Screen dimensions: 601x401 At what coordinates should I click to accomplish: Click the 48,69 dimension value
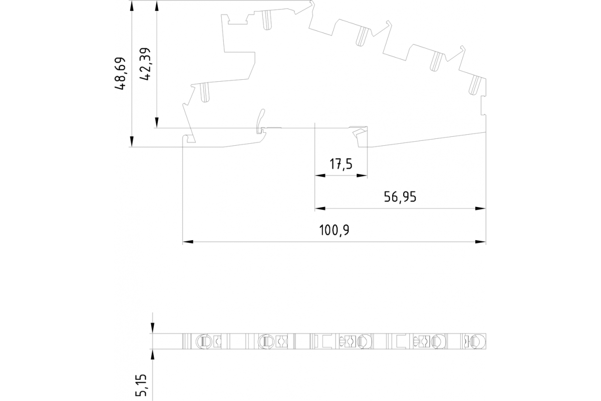(120, 73)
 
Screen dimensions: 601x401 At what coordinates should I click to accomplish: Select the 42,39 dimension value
(145, 64)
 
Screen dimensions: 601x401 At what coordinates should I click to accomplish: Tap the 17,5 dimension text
(341, 164)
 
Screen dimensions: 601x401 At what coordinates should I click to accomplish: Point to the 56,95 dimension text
(400, 197)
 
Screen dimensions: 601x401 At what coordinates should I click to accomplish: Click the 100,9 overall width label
(334, 230)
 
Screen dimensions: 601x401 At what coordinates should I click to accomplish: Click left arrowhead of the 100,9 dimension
(188, 242)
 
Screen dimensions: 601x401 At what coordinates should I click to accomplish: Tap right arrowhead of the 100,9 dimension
(480, 242)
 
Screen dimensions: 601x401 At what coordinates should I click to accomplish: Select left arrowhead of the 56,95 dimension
(320, 209)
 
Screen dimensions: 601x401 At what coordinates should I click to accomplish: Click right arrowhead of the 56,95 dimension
(480, 209)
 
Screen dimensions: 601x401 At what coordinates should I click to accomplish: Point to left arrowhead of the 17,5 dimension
(320, 175)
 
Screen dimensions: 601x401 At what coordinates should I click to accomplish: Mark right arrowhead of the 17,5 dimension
(362, 175)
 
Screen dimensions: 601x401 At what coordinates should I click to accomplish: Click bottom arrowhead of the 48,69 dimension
(132, 141)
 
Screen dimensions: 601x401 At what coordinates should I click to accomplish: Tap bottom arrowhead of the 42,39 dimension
(157, 122)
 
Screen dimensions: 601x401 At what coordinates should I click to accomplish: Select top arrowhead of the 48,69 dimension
(132, 6)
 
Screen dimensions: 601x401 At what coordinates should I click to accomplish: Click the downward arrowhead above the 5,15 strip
(152, 328)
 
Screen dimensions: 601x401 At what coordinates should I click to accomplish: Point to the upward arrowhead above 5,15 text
(152, 355)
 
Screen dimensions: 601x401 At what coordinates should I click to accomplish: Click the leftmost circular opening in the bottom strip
(201, 341)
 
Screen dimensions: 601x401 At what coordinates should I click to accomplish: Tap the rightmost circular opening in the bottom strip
(479, 341)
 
